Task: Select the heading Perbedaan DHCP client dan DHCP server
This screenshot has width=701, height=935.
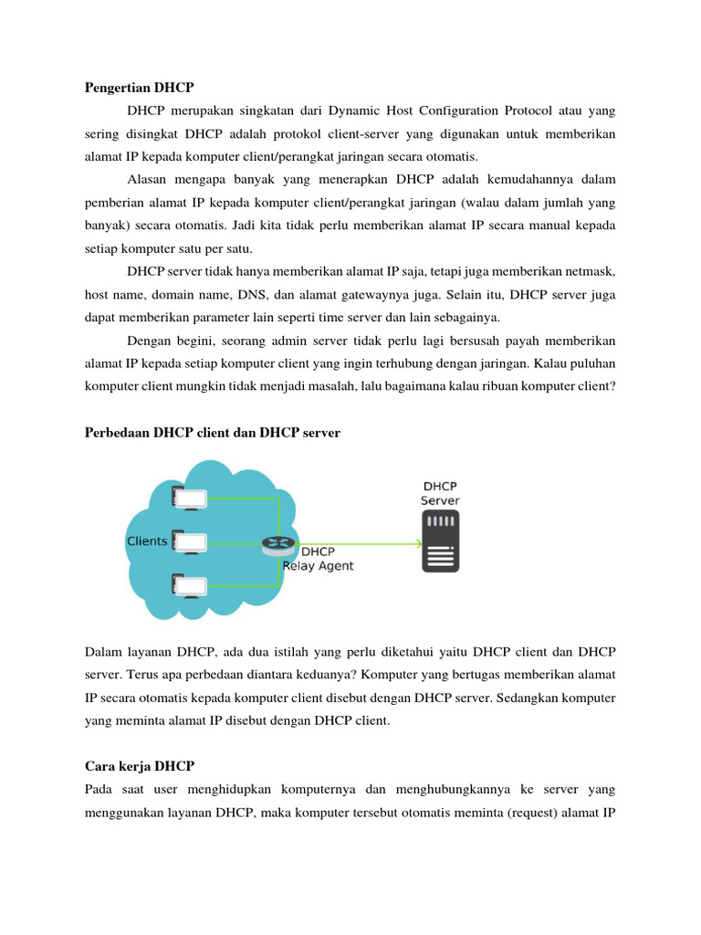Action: pos(212,433)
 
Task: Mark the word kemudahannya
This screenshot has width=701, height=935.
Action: pos(515,180)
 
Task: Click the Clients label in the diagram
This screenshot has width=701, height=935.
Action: pos(146,541)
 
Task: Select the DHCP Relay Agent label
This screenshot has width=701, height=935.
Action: pos(318,559)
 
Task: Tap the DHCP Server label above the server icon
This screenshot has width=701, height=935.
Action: pos(439,493)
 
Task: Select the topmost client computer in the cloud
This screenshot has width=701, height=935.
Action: pos(189,499)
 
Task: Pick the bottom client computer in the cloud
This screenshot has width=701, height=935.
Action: pos(189,585)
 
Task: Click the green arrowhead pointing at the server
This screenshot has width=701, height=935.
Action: pos(417,544)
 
